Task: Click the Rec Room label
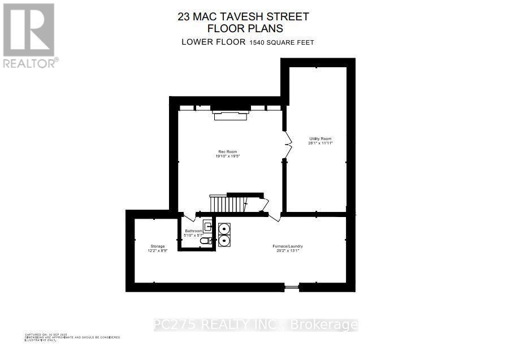[227, 151]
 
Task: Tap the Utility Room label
[320, 138]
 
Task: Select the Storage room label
[158, 246]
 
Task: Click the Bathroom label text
[194, 231]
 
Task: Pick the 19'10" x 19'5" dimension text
[227, 157]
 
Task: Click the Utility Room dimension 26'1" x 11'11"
[321, 144]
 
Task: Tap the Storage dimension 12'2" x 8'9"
[158, 251]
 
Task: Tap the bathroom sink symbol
[207, 228]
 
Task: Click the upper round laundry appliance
[224, 229]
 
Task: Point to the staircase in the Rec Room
[232, 203]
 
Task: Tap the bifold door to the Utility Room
[287, 142]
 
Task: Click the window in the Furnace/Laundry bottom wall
[292, 288]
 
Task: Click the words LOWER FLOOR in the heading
[213, 42]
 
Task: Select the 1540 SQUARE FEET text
[282, 42]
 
